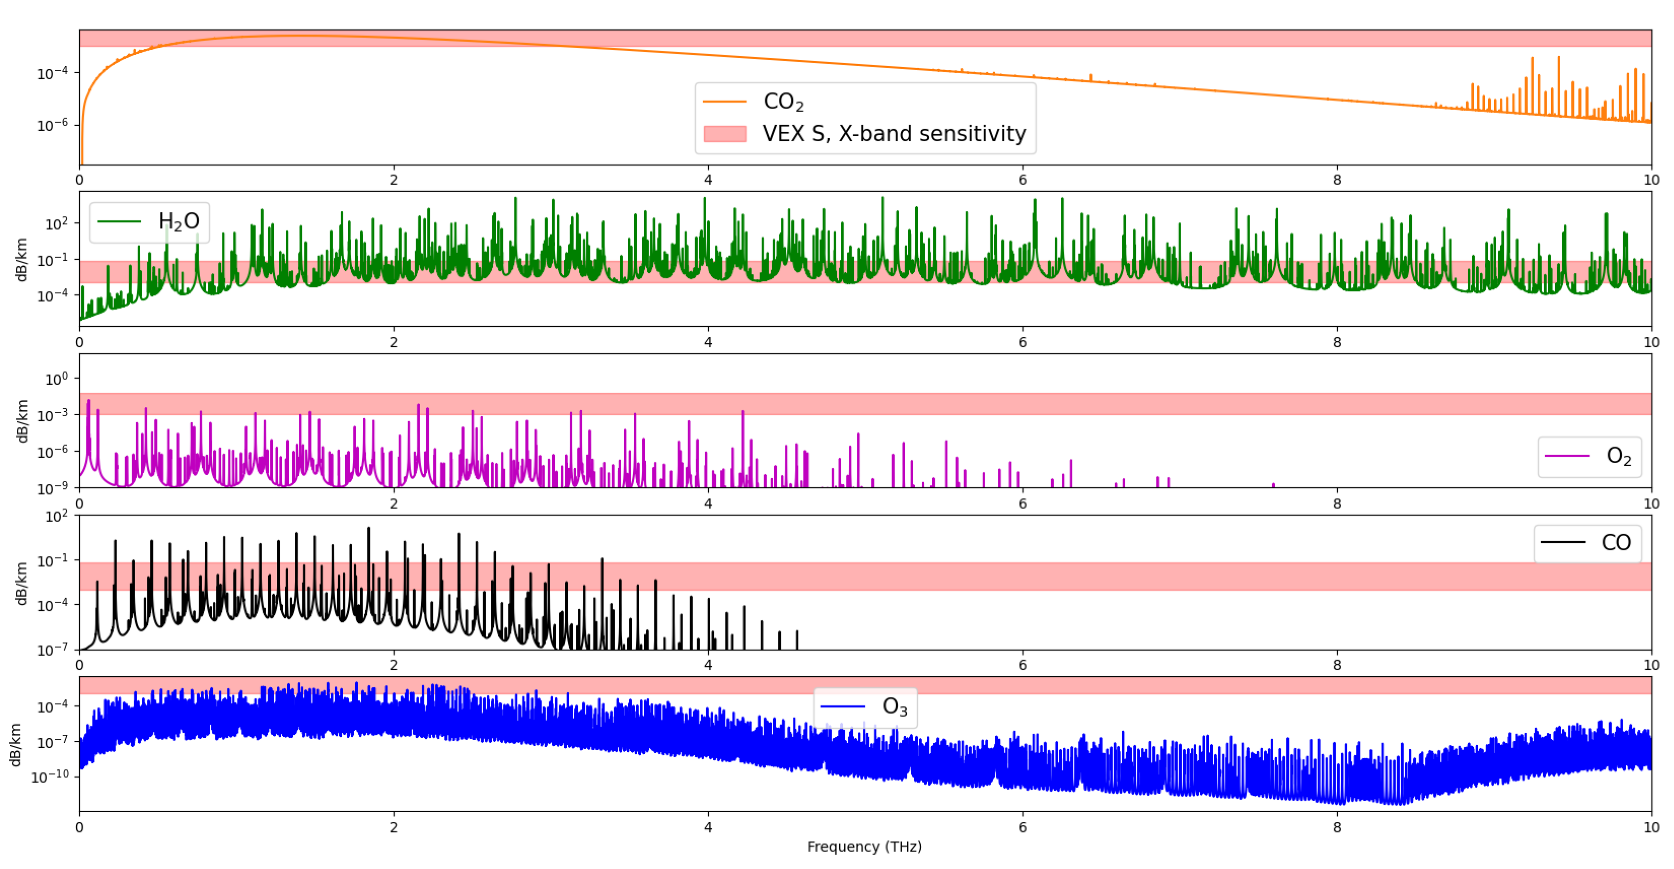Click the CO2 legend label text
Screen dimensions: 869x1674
click(x=783, y=102)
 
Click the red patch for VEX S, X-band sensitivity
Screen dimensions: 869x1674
click(x=724, y=134)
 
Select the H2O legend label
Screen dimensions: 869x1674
click(x=179, y=222)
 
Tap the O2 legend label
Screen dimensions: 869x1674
click(x=1618, y=456)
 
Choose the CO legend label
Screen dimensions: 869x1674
click(x=1616, y=543)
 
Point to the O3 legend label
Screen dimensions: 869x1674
click(x=894, y=706)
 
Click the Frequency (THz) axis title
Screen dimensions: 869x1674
click(x=864, y=846)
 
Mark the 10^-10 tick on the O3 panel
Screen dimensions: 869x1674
click(x=51, y=777)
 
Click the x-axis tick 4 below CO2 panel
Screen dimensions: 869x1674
click(x=708, y=180)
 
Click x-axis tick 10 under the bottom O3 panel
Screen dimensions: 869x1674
click(x=1651, y=827)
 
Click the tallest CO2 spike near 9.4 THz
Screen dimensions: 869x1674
click(x=1558, y=58)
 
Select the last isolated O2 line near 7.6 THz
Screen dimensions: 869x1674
click(x=1273, y=485)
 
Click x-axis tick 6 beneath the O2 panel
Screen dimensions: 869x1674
click(x=1023, y=504)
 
